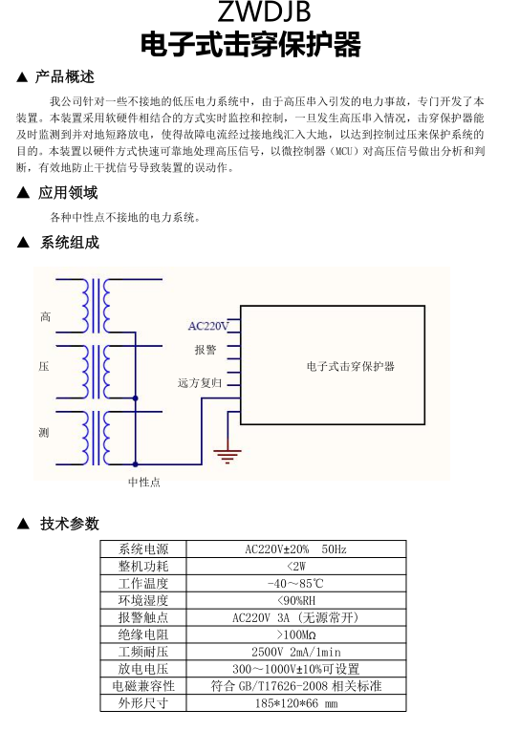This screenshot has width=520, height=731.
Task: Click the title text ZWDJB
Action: coord(264,11)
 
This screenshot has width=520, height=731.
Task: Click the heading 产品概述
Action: coord(65,77)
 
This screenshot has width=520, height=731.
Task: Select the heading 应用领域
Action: coord(68,192)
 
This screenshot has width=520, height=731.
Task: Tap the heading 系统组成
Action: coord(70,243)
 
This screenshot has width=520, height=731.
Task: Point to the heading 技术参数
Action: coord(70,524)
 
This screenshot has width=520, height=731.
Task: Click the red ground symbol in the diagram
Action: coord(227,455)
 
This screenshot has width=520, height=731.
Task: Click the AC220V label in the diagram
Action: coord(208,326)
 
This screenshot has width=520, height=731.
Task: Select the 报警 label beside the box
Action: coord(206,350)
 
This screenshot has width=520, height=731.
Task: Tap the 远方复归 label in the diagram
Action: coord(200,383)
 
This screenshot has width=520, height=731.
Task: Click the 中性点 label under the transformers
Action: coord(144,483)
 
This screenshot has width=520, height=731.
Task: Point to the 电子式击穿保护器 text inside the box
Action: coord(351,366)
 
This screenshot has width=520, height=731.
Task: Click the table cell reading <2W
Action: coord(296,567)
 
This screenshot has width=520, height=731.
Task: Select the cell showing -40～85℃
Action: coord(295,584)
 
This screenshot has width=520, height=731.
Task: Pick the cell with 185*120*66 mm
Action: coord(296,703)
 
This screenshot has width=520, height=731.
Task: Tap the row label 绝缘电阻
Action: coord(143,634)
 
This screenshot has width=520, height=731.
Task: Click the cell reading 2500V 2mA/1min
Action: coord(296,653)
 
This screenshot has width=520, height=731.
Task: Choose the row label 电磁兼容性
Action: coord(143,686)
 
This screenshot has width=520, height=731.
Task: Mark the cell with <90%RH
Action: coord(296,601)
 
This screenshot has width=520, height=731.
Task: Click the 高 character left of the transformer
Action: coord(45,317)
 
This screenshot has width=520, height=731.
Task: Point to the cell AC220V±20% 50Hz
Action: coord(296,549)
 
